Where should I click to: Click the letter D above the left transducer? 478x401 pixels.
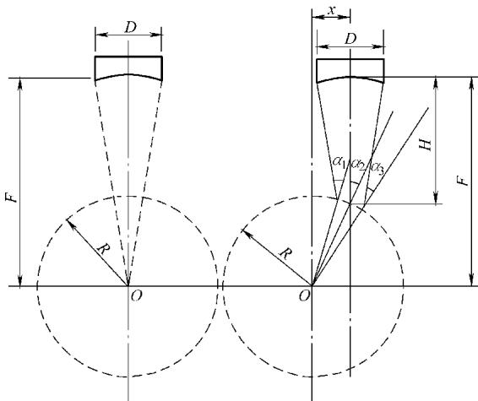pyautogui.click(x=130, y=27)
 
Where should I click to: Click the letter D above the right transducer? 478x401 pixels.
pyautogui.click(x=350, y=39)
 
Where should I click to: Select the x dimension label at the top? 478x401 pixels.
pyautogui.click(x=332, y=10)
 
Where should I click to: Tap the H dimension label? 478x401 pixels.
pyautogui.click(x=426, y=144)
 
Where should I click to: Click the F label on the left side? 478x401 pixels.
pyautogui.click(x=11, y=197)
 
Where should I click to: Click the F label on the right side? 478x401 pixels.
pyautogui.click(x=463, y=181)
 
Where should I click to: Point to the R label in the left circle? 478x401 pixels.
pyautogui.click(x=103, y=250)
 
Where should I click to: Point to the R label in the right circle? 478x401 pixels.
pyautogui.click(x=285, y=253)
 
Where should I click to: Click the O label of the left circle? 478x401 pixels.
pyautogui.click(x=136, y=295)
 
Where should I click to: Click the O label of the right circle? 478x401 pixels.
pyautogui.click(x=304, y=295)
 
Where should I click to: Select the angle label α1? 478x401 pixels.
pyautogui.click(x=339, y=161)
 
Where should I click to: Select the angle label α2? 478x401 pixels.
pyautogui.click(x=358, y=165)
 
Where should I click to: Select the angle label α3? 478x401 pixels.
pyautogui.click(x=378, y=168)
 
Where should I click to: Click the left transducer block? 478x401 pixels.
pyautogui.click(x=128, y=67)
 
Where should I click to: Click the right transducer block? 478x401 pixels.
pyautogui.click(x=350, y=69)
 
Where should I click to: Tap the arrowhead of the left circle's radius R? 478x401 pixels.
pyautogui.click(x=69, y=222)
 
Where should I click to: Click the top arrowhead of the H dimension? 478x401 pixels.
pyautogui.click(x=436, y=82)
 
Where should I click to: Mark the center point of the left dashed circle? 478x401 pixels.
pyautogui.click(x=128, y=286)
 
